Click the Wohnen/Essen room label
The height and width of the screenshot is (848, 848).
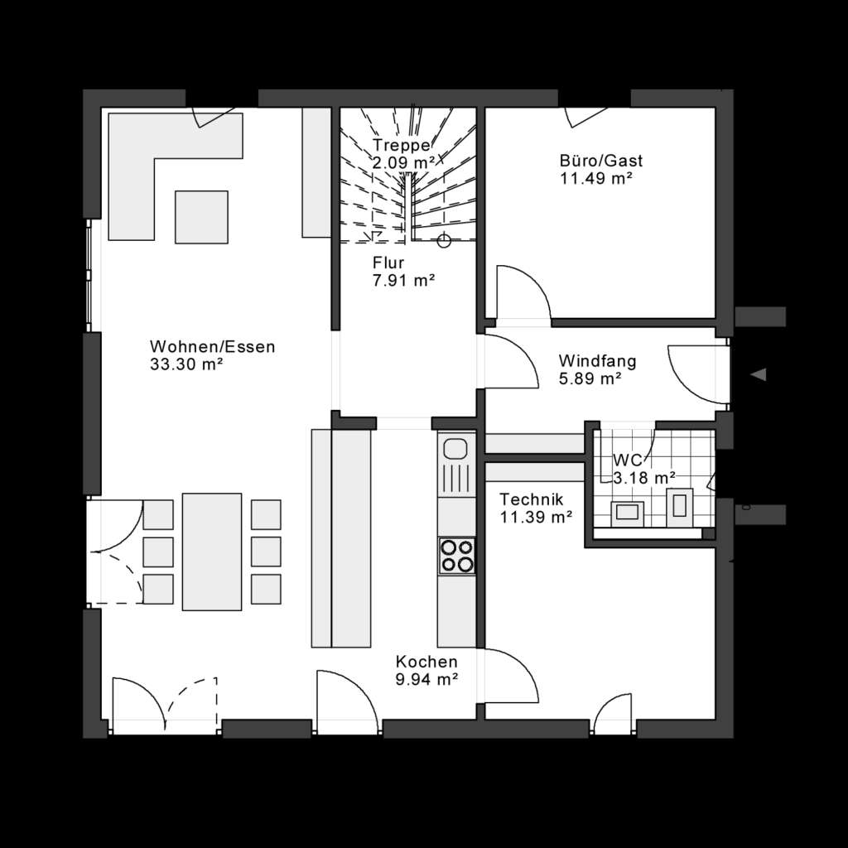[212, 346]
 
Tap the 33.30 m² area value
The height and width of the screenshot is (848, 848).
[187, 364]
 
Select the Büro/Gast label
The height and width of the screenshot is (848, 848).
[601, 161]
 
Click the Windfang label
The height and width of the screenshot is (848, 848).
[597, 361]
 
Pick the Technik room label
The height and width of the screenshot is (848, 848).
[532, 499]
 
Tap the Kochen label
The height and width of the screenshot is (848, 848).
[426, 662]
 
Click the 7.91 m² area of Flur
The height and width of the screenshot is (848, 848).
[404, 281]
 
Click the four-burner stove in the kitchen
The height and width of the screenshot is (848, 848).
[457, 555]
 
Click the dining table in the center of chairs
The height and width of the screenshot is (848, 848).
[212, 551]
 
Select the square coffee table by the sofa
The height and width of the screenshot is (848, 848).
[201, 216]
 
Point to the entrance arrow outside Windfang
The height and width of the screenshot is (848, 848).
[758, 374]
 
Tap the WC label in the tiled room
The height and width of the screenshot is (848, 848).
[627, 460]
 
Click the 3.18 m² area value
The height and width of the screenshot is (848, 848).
[644, 477]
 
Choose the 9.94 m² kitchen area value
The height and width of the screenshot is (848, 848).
[426, 680]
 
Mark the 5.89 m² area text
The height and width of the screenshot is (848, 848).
[590, 379]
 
